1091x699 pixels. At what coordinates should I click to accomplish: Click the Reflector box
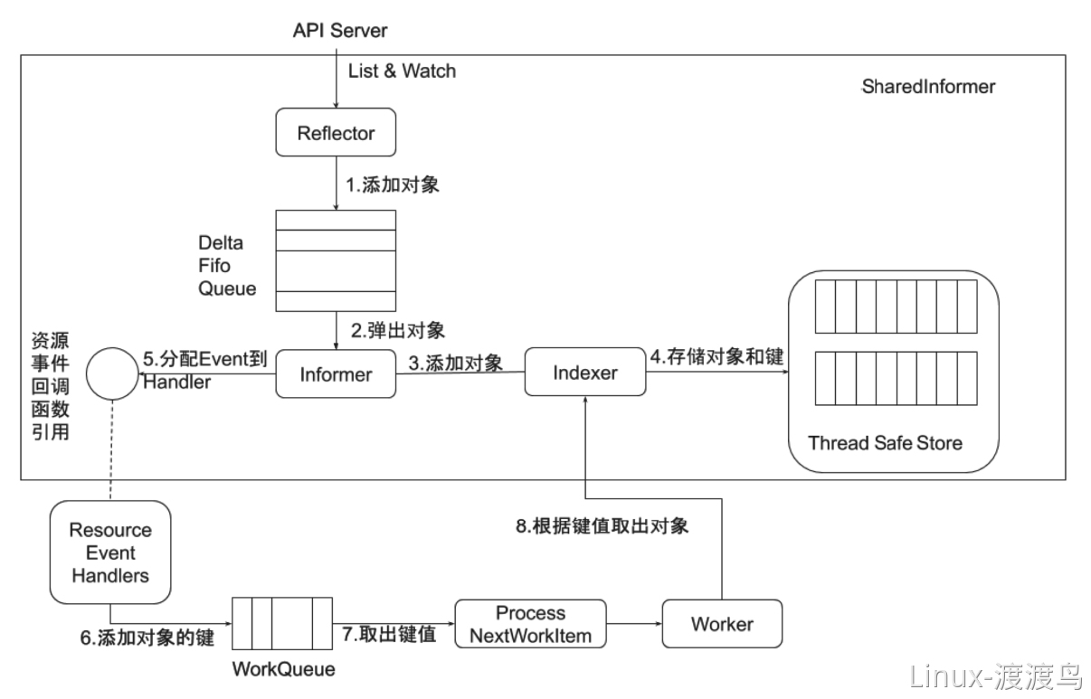(336, 134)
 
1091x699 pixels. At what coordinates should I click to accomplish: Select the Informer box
(336, 373)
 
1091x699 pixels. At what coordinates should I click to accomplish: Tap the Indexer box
(585, 373)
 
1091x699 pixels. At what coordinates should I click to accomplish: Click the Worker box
(722, 624)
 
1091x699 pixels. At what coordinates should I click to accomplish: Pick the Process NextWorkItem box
(531, 624)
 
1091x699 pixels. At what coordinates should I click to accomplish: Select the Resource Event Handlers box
(109, 552)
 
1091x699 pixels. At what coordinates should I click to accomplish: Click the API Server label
(339, 31)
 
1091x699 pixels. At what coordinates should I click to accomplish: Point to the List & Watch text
(402, 71)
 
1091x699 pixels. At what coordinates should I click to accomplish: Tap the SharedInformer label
(927, 87)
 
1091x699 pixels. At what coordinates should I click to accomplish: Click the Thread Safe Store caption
(885, 443)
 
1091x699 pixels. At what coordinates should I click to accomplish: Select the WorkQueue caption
(283, 670)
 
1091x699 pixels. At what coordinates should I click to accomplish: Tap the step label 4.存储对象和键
(716, 356)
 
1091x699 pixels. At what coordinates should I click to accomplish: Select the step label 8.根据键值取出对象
(602, 525)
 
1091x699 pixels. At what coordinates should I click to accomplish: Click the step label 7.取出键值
(390, 634)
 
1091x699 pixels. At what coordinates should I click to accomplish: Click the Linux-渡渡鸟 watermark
(994, 675)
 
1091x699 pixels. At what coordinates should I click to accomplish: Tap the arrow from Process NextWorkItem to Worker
(634, 624)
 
